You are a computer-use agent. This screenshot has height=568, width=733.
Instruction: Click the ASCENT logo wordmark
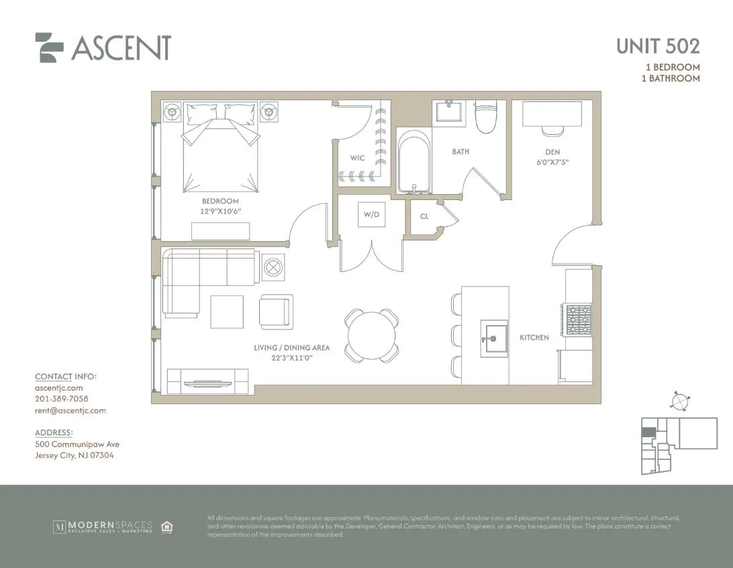[121, 48]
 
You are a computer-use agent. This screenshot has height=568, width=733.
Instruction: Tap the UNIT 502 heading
[658, 46]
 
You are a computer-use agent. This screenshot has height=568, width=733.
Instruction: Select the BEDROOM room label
[220, 201]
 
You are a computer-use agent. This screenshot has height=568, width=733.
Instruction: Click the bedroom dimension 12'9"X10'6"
[221, 211]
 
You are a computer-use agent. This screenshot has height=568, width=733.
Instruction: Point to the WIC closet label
[357, 158]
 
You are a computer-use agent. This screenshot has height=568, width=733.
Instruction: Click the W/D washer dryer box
[371, 216]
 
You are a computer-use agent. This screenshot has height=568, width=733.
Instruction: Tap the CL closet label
[424, 216]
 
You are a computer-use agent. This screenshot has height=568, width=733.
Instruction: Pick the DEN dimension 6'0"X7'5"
[552, 162]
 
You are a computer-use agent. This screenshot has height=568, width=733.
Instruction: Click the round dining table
[372, 334]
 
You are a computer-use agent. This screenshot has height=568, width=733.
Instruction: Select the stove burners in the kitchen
[578, 320]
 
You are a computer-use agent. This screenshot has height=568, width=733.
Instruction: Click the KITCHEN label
[534, 337]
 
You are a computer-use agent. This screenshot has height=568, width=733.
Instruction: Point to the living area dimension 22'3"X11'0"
[292, 358]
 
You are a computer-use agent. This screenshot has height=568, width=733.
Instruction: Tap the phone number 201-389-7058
[61, 399]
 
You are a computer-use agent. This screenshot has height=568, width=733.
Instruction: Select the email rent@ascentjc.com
[70, 410]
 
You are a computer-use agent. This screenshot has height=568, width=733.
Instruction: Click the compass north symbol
[680, 401]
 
